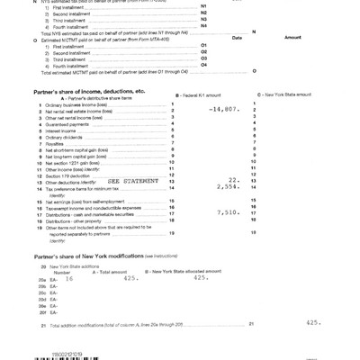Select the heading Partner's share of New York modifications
(x=81, y=256)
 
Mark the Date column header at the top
(x=238, y=38)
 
